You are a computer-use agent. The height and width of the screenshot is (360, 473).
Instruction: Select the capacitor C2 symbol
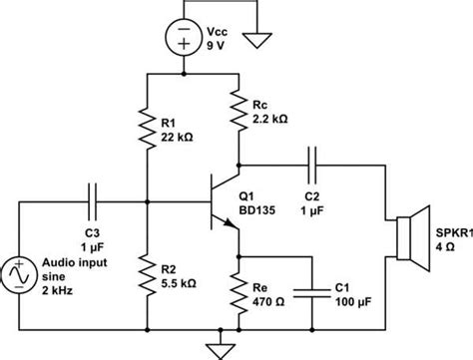314,162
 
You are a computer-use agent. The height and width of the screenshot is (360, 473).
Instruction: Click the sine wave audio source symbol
21,270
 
